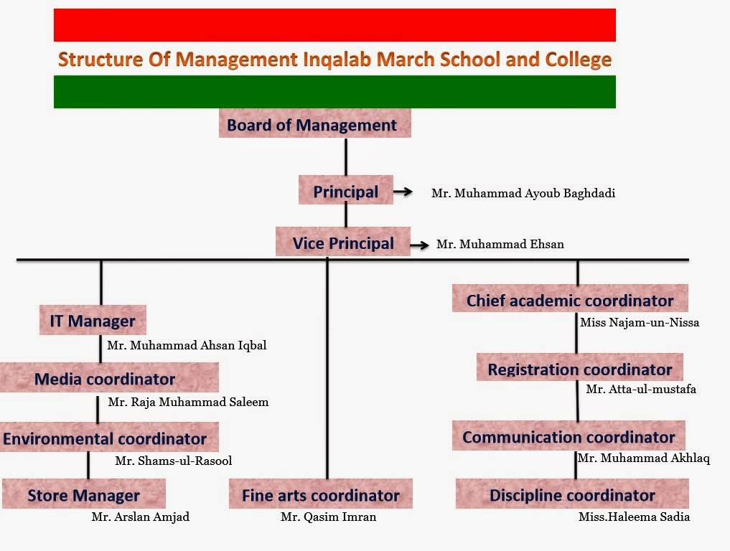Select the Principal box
click(345, 191)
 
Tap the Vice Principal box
click(342, 242)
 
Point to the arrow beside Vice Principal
click(420, 245)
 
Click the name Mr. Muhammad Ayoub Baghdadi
click(523, 193)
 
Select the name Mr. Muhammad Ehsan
click(500, 244)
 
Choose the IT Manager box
click(93, 321)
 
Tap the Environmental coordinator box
click(106, 438)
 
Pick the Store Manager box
click(84, 494)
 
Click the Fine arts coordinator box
click(320, 494)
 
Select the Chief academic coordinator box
click(570, 299)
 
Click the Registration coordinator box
click(579, 369)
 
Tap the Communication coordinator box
click(568, 436)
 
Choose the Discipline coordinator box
click(572, 494)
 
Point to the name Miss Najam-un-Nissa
click(640, 322)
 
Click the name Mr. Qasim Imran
click(328, 517)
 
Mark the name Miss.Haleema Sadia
click(634, 517)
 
